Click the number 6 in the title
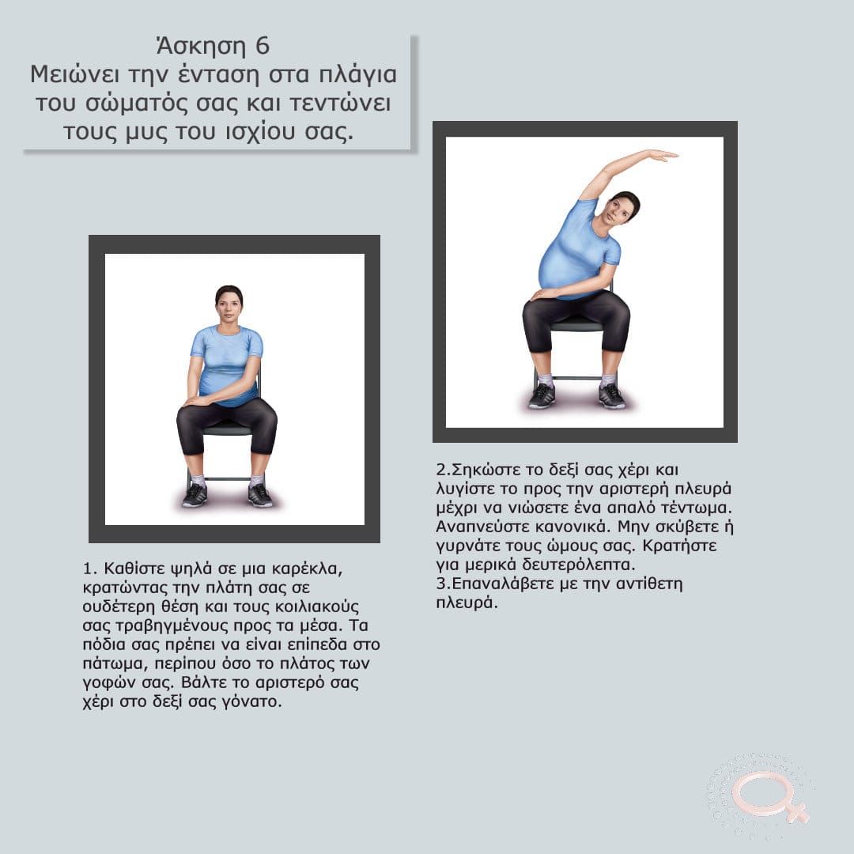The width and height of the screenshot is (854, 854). pyautogui.click(x=263, y=47)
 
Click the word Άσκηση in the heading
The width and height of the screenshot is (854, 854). pyautogui.click(x=201, y=47)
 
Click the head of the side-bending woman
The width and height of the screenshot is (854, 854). pyautogui.click(x=621, y=208)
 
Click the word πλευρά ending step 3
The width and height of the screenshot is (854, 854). pyautogui.click(x=467, y=603)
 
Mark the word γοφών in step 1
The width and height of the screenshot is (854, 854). pyautogui.click(x=108, y=683)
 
